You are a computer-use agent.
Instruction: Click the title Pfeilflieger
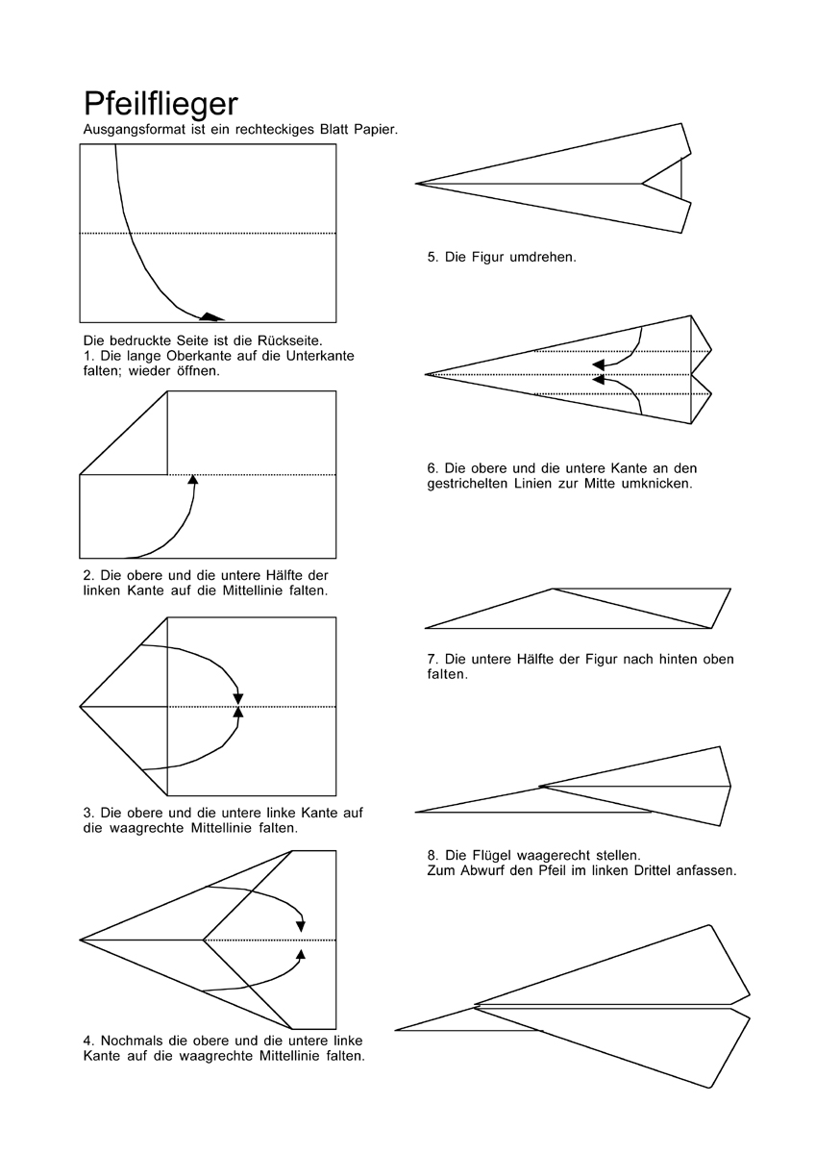161,104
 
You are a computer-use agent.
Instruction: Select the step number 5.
432,258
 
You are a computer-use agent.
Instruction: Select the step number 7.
432,660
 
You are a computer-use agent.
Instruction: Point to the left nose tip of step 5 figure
417,183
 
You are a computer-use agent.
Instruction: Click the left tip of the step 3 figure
81,707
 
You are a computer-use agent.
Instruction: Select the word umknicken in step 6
654,484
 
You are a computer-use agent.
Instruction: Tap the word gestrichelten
471,484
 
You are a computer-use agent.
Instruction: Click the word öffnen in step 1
197,370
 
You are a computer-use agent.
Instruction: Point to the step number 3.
87,812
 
